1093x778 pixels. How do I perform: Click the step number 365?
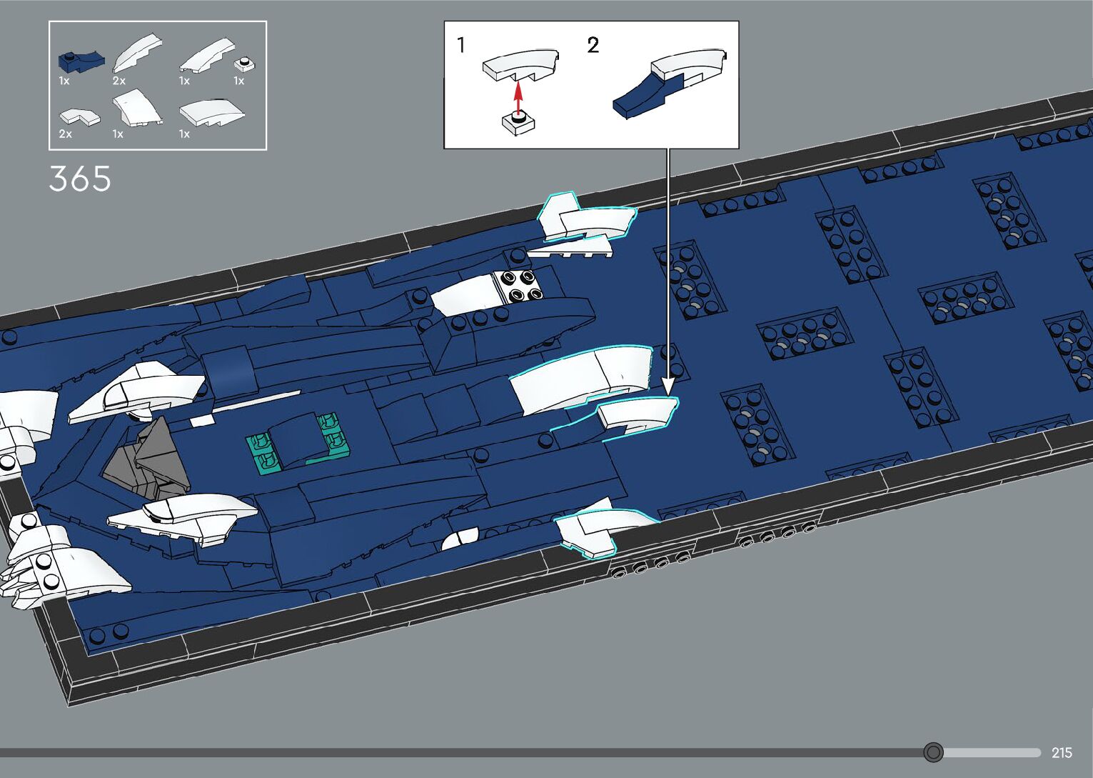pyautogui.click(x=80, y=179)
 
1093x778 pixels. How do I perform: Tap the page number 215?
pyautogui.click(x=1062, y=752)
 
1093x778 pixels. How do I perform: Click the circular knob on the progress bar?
pyautogui.click(x=933, y=752)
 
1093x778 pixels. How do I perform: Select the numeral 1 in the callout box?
pyautogui.click(x=461, y=45)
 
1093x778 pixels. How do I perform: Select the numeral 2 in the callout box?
pyautogui.click(x=593, y=45)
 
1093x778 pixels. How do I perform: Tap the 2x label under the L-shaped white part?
pyautogui.click(x=66, y=134)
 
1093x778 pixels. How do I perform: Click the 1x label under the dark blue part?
pyautogui.click(x=64, y=81)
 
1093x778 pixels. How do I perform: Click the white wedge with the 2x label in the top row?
pyautogui.click(x=138, y=54)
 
